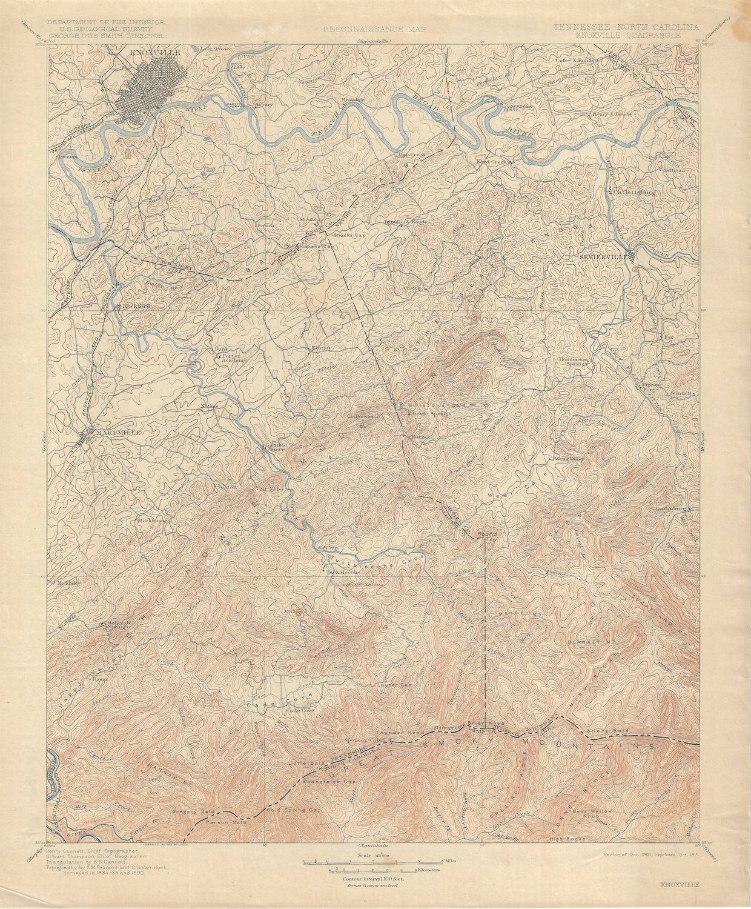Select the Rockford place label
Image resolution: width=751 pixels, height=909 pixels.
point(136,306)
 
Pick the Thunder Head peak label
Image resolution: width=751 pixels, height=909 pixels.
point(400,733)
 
